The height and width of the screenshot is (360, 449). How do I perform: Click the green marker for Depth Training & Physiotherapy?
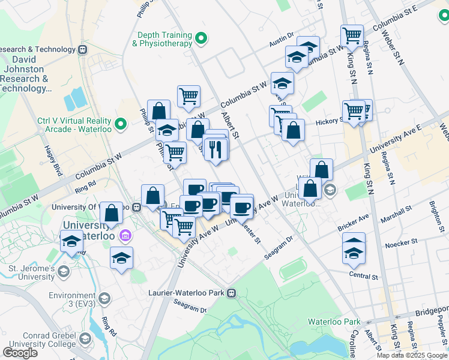202,40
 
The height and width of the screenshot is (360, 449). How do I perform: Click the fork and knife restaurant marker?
216,148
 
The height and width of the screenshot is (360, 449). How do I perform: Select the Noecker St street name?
401,243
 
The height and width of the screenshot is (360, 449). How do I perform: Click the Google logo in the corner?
20,353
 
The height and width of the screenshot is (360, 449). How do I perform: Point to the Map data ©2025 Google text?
412,355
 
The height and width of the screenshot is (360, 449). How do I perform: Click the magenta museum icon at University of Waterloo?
125,235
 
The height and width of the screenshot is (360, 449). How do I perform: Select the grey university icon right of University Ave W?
329,191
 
